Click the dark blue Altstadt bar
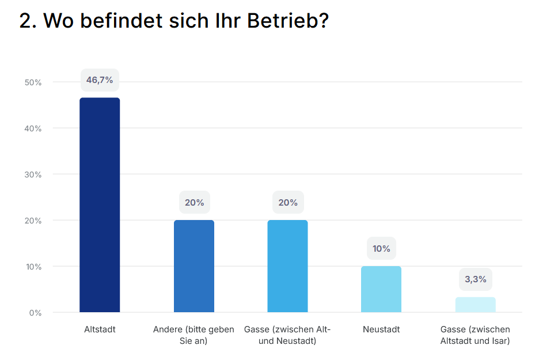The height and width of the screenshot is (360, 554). click(100, 205)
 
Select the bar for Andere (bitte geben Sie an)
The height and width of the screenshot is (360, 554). click(194, 266)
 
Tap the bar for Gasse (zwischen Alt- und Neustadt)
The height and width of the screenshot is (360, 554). click(287, 266)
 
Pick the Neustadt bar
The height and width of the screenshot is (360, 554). click(381, 289)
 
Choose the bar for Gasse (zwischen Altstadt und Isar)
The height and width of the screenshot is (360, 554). click(475, 305)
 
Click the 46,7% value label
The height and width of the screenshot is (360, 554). click(100, 80)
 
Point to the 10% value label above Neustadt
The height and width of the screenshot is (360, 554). click(381, 249)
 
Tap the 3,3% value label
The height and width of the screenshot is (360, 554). click(475, 279)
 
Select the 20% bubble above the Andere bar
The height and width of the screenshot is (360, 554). click(194, 203)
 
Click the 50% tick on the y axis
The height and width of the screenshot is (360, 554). click(33, 82)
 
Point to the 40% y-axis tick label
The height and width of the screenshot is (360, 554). click(33, 128)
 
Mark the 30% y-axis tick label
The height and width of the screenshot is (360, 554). click(33, 175)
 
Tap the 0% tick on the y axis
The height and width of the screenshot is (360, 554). click(36, 313)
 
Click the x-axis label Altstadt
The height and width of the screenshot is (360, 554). click(100, 329)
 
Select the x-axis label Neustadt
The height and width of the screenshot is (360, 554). click(381, 329)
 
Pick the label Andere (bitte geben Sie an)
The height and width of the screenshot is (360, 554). click(194, 335)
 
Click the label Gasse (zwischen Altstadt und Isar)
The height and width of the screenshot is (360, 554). click(475, 335)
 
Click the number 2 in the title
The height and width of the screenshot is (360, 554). click(25, 21)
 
